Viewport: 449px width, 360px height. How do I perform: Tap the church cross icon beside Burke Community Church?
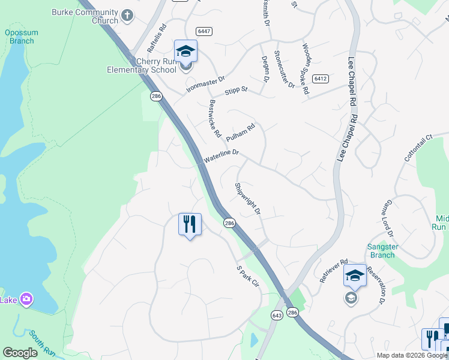pos(127,15)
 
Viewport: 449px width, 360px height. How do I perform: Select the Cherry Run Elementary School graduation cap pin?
pos(186,51)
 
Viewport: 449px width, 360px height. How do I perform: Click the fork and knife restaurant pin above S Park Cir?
pos(190,224)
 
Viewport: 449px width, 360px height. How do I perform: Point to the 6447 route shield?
pos(204,31)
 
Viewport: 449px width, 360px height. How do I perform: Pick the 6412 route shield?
pos(321,79)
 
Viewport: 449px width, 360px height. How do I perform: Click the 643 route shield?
pos(277,315)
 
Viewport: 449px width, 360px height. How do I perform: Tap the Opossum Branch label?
pos(22,37)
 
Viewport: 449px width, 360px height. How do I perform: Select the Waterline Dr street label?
pos(221,157)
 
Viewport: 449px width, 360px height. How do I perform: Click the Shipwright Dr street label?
pos(248,199)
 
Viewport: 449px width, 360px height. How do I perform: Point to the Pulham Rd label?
pos(245,132)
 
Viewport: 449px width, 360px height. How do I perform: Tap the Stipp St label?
pos(236,91)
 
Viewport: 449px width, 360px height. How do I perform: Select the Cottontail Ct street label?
pos(418,148)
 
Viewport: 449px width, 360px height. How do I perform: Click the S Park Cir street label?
pos(247,276)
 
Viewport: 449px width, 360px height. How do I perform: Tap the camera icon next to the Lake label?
pos(26,299)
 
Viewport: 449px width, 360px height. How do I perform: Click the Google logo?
pos(20,353)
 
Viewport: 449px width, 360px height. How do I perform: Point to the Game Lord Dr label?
pos(391,218)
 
